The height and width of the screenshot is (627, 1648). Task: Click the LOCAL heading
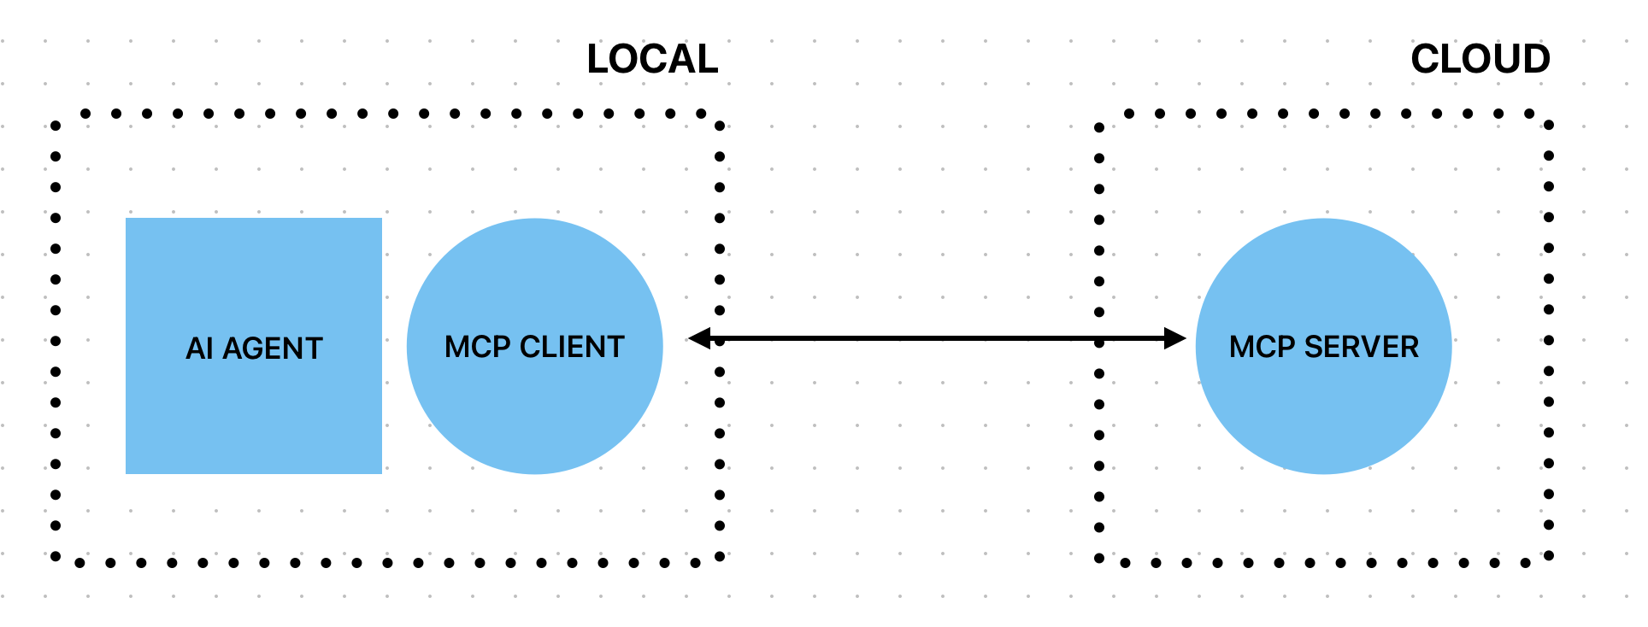[x=652, y=60]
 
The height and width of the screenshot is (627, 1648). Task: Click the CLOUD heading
[x=1480, y=60]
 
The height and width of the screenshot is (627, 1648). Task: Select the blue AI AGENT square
[x=253, y=410]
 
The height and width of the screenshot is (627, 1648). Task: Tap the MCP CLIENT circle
[x=534, y=410]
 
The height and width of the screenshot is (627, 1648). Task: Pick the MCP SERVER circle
[x=1323, y=410]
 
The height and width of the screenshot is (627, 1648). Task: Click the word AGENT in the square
[x=273, y=349]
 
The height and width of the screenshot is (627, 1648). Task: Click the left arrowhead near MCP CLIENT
[x=699, y=339]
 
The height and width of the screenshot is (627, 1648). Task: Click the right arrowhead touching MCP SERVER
[x=1175, y=339]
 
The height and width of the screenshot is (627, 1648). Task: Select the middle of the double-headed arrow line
[x=937, y=339]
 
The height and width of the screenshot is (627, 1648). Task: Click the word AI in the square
[x=198, y=349]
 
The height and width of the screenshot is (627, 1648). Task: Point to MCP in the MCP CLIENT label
[x=477, y=347]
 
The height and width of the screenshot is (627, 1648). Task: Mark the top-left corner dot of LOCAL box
[x=56, y=126]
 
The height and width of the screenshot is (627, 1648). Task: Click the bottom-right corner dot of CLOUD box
[x=1549, y=556]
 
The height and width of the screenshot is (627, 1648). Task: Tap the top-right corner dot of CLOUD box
[x=1549, y=125]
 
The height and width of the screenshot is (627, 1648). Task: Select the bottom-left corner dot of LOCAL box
[x=56, y=556]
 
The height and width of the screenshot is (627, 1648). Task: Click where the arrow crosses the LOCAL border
[x=720, y=339]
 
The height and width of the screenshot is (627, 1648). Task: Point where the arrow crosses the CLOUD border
[x=1099, y=339]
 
